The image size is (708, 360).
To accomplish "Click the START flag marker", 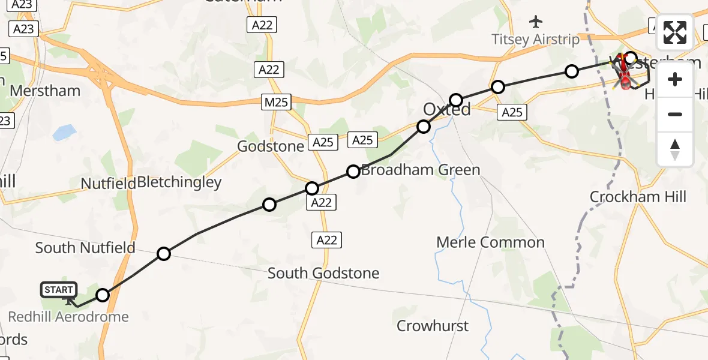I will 59,290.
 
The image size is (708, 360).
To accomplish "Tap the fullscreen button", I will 675,32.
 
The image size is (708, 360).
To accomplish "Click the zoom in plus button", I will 675,79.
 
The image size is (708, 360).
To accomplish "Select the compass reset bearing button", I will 675,149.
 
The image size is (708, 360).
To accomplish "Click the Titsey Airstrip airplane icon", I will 536,22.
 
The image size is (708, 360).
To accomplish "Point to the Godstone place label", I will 271,146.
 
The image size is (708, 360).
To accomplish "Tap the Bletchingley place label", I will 179,182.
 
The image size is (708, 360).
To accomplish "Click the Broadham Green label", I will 421,170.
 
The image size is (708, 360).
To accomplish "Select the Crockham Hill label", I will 638,197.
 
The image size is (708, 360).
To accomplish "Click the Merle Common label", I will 490,242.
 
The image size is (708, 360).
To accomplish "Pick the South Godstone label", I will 323,273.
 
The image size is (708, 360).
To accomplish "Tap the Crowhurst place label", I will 433,326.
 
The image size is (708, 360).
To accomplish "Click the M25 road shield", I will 276,102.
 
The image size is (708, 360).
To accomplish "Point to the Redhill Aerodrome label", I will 68,316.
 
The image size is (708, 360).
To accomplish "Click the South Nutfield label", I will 85,247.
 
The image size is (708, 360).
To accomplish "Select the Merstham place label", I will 46,91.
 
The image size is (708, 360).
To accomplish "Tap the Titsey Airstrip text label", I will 535,40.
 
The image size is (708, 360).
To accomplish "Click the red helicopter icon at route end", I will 625,77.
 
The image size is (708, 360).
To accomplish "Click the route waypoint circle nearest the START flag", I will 103,295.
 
